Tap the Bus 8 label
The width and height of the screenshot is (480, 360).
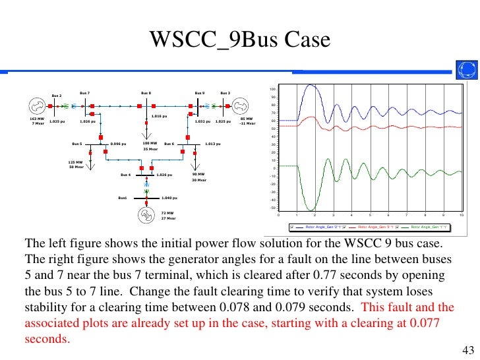tap(146, 93)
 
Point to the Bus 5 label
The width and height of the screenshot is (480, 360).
tap(77, 143)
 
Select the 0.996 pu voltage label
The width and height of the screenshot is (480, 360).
tap(118, 143)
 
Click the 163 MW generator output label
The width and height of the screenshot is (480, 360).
tap(37, 119)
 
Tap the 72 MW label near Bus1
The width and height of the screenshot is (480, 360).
tap(167, 213)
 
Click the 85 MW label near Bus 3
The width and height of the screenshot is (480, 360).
tap(247, 119)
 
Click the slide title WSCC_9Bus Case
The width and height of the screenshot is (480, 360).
tap(239, 41)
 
